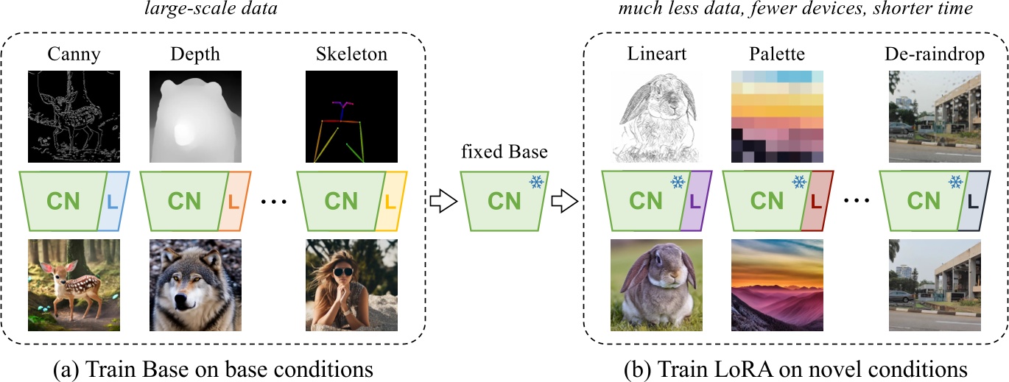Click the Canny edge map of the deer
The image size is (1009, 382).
pos(73,116)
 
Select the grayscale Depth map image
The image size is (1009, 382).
pos(194,116)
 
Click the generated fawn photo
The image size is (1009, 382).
pos(73,285)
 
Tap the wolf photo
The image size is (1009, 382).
pos(194,285)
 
